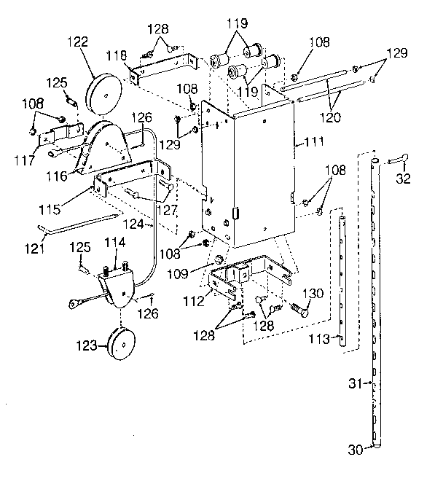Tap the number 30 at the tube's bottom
[x=355, y=450]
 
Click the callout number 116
[x=56, y=176]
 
